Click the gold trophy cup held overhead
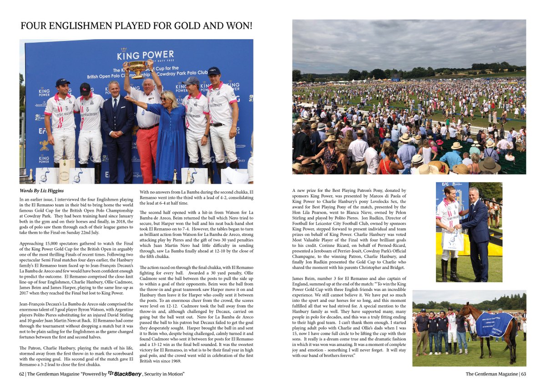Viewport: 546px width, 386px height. (x=137, y=68)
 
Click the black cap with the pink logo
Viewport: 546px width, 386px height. (x=85, y=86)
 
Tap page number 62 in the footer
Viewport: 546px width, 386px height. (x=22, y=374)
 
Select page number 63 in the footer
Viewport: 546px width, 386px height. (x=523, y=374)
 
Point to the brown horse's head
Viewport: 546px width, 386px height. (x=464, y=311)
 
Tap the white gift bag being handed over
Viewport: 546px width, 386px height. (x=453, y=240)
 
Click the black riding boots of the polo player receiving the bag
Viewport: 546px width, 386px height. (x=448, y=269)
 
